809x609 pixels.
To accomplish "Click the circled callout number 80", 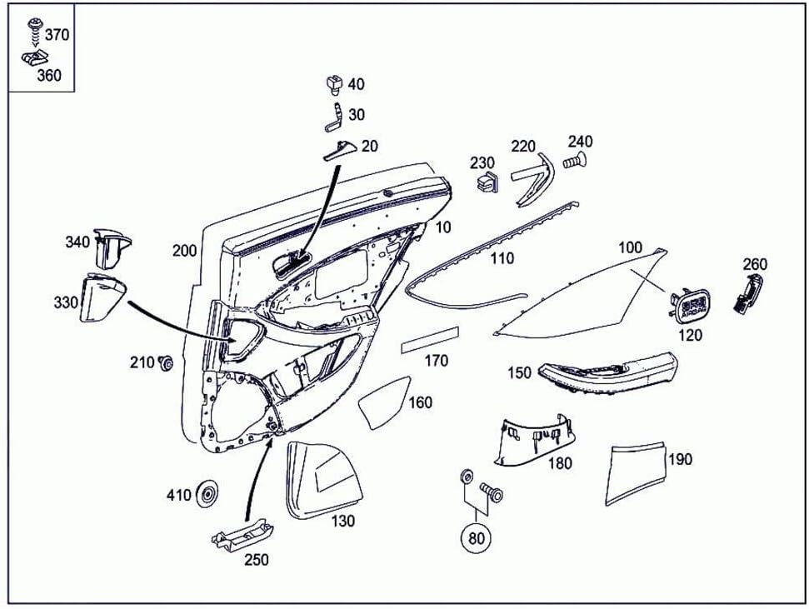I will (x=476, y=537).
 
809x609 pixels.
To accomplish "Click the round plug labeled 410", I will (x=206, y=495).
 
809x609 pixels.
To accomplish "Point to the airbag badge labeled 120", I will (x=690, y=304).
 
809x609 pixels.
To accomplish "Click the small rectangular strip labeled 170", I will (x=430, y=340).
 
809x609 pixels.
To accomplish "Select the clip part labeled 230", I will (x=486, y=182).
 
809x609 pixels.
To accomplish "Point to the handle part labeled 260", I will (x=748, y=294).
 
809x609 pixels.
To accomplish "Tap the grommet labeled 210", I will (x=165, y=362).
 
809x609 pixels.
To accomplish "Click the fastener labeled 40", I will (x=333, y=83).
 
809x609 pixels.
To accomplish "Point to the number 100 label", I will (x=631, y=247).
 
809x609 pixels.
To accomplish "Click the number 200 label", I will (x=184, y=251).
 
